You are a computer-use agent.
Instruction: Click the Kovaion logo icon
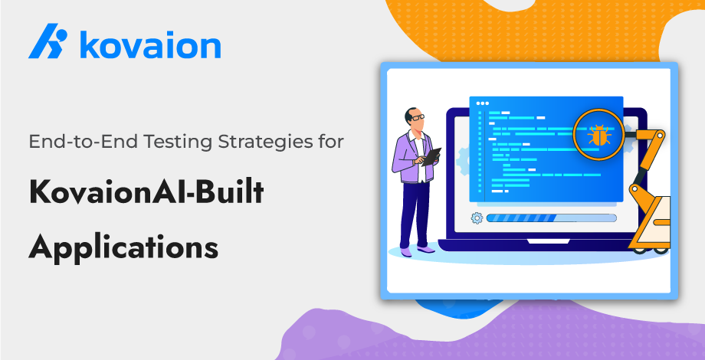pos(48,41)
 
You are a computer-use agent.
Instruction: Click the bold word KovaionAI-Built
pos(146,192)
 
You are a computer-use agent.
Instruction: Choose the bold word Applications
pos(123,247)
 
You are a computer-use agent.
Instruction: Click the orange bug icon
pos(599,135)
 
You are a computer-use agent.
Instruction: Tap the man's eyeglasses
pos(417,117)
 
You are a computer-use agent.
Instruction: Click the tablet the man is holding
pos(431,157)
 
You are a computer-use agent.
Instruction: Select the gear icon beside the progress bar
pos(477,218)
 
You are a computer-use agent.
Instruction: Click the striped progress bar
pos(551,218)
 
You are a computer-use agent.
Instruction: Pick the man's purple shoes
pos(416,250)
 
